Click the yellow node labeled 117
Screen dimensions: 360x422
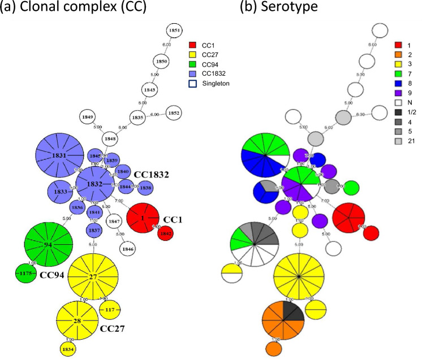(109, 309)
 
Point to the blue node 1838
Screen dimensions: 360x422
(145, 187)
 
